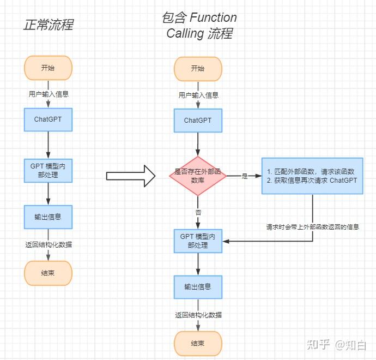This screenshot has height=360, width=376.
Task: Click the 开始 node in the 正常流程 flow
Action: coord(48,68)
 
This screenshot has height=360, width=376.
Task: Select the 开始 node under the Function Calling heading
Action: coord(198,68)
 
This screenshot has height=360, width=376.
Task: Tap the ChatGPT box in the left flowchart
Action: coord(48,119)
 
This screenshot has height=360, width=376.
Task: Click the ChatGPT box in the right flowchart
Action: coord(198,120)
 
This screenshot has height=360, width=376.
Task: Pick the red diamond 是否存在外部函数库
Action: coord(198,175)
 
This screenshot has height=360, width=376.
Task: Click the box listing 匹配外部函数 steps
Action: coord(312,176)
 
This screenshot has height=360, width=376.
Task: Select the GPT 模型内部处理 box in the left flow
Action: coord(48,170)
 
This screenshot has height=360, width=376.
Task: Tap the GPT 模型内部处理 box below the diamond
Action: coord(198,241)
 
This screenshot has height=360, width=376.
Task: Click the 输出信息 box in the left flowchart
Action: coord(48,217)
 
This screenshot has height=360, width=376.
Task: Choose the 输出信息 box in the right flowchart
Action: coord(198,286)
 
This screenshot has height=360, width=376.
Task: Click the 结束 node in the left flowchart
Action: coord(48,273)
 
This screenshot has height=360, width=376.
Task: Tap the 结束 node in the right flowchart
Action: coord(198,343)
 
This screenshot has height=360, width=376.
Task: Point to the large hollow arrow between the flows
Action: coord(131,176)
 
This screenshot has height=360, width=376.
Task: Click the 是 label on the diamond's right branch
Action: coord(244,176)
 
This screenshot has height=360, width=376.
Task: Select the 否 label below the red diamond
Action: coord(198,212)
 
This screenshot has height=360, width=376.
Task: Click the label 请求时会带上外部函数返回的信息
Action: coord(312,226)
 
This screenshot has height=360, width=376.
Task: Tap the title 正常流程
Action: coord(48,25)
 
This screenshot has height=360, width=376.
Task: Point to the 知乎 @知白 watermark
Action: coord(336,345)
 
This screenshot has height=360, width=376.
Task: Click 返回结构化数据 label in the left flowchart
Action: coord(48,244)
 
